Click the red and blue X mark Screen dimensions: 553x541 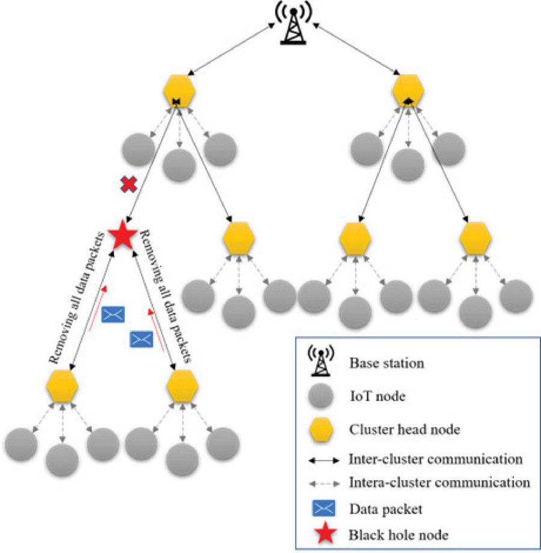tap(127, 184)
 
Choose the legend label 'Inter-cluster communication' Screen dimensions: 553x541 tap(435, 460)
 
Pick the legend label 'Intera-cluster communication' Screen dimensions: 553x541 tap(439, 482)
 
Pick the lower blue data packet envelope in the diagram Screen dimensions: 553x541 tap(142, 339)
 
